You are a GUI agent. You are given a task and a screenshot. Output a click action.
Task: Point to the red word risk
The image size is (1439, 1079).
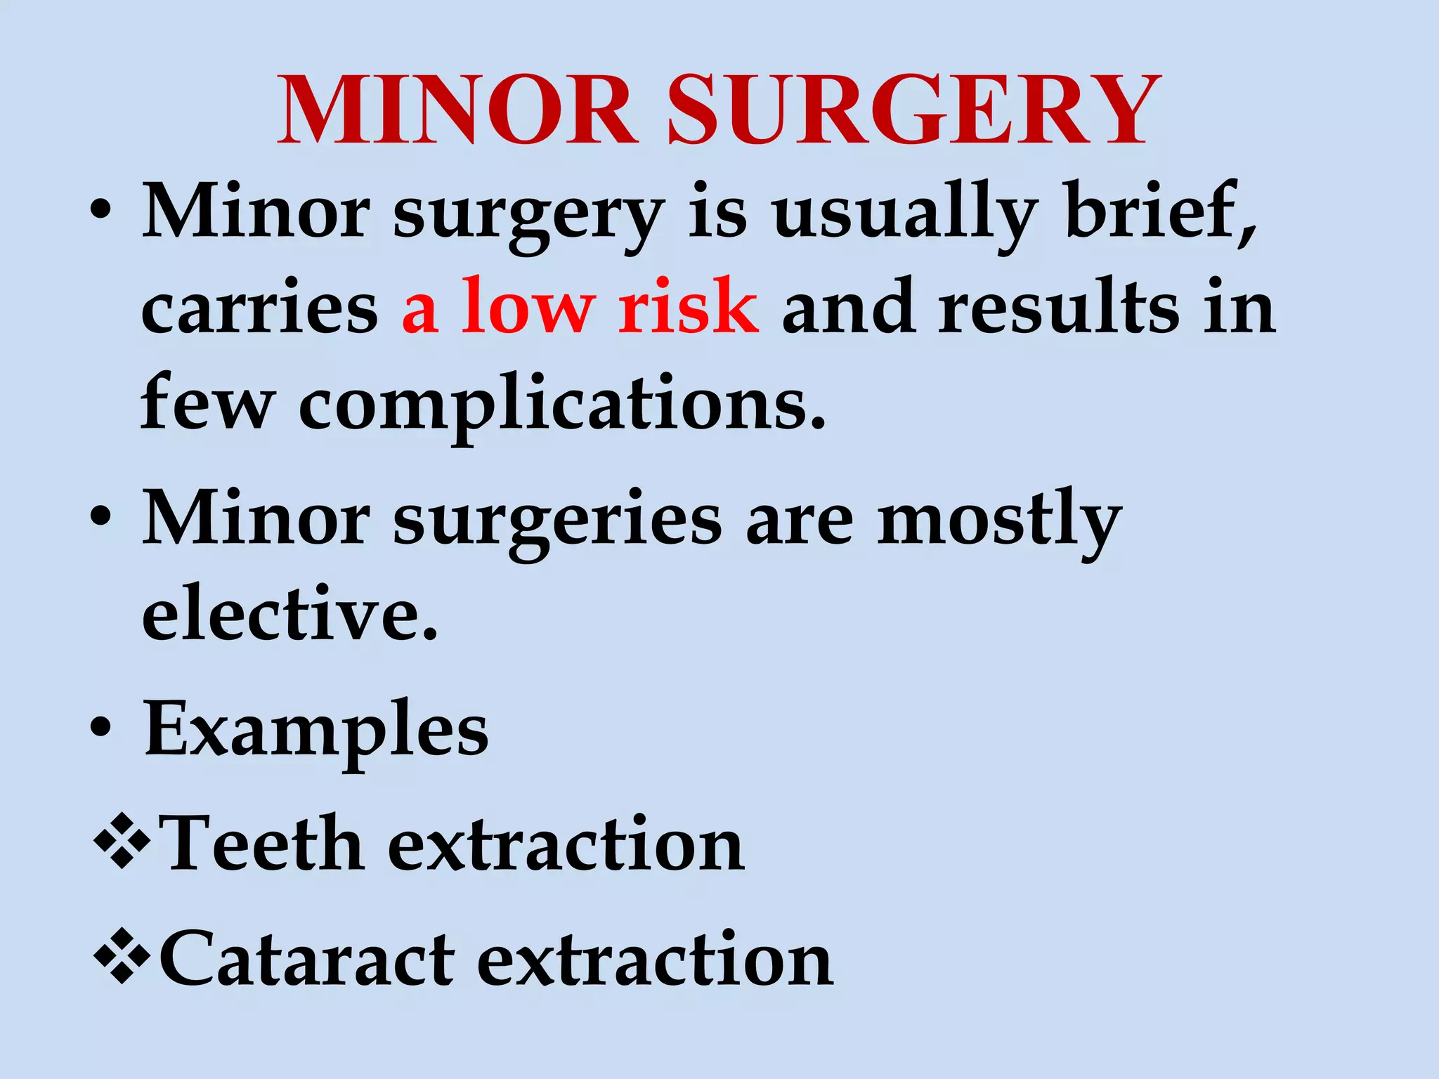[x=688, y=306]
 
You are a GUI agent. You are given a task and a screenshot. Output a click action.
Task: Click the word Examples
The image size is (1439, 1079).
[x=316, y=731]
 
